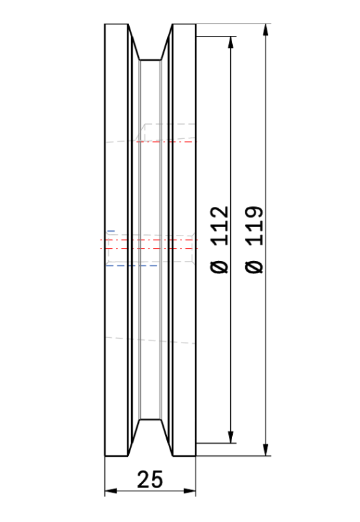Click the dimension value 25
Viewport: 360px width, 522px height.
pyautogui.click(x=150, y=480)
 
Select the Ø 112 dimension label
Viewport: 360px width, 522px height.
pyautogui.click(x=220, y=239)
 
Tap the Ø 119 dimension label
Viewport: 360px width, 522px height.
pyautogui.click(x=254, y=239)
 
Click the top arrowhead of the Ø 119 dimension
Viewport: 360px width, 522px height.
pyautogui.click(x=265, y=29)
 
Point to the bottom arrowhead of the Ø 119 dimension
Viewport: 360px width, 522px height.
pyautogui.click(x=265, y=450)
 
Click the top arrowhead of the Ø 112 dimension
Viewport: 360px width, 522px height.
pyautogui.click(x=231, y=42)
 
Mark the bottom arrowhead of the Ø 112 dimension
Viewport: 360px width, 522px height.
pyautogui.click(x=231, y=437)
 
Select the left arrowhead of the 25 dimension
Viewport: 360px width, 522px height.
pyautogui.click(x=111, y=491)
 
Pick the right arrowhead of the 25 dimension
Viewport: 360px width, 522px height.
pyautogui.click(x=190, y=491)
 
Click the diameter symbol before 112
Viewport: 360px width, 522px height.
pyautogui.click(x=220, y=267)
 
